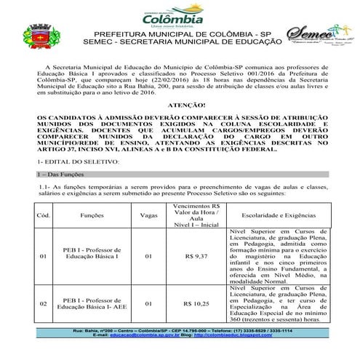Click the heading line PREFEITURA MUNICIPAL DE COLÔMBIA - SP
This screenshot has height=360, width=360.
coord(180,34)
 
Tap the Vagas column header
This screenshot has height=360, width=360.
coord(149,216)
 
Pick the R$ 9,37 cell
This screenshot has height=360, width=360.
coord(196,257)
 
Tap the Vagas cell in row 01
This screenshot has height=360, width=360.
coord(149,257)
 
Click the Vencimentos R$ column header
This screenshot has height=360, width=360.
coord(196,216)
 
